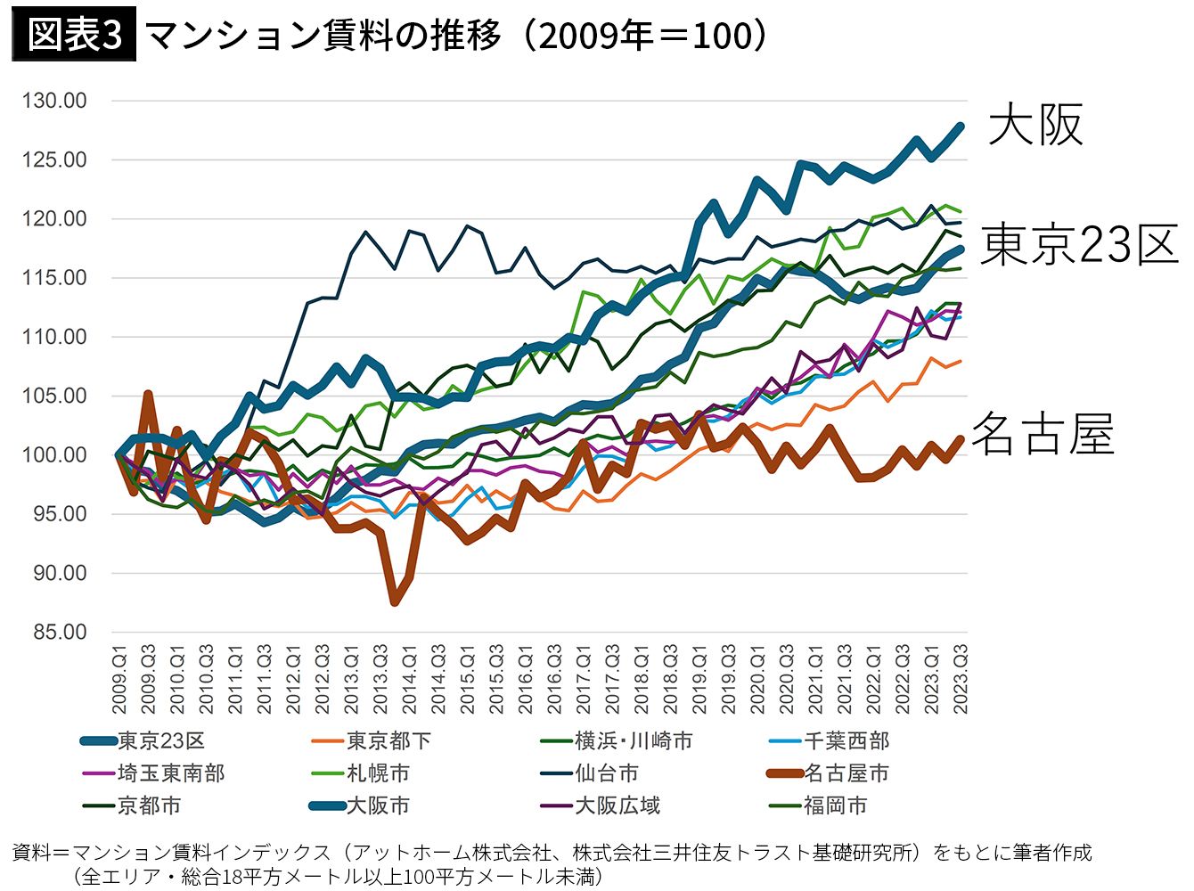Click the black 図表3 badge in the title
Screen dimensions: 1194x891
[x=74, y=34]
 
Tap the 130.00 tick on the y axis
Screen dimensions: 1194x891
[x=53, y=101]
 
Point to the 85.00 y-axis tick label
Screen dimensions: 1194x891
[x=60, y=632]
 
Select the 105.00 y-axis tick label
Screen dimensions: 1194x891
[x=53, y=396]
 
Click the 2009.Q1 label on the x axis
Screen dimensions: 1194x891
[x=119, y=680]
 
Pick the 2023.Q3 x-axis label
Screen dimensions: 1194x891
[x=961, y=680]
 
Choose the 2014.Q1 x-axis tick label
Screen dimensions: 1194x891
[x=409, y=680]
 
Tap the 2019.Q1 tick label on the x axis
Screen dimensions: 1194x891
[x=699, y=680]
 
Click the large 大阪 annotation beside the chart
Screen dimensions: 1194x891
[x=1035, y=125]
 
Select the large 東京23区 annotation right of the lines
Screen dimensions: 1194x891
[x=1079, y=245]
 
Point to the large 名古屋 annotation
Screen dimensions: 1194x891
[x=1043, y=434]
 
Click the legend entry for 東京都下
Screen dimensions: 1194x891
[x=372, y=740]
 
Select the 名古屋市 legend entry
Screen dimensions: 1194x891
[x=828, y=773]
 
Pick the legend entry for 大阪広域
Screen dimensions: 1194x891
[x=600, y=805]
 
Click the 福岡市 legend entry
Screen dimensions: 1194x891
[x=818, y=805]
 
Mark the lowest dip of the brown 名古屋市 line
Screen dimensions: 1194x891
[x=395, y=601]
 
